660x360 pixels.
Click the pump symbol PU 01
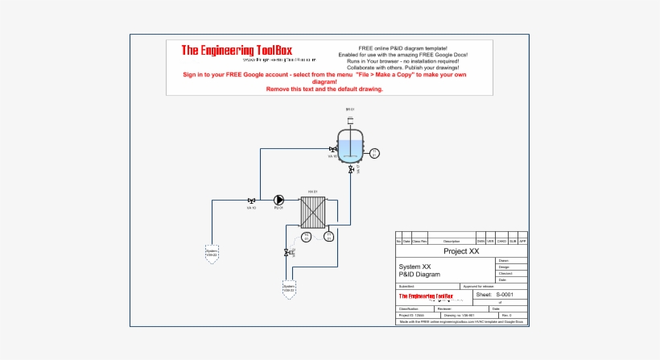[278, 201]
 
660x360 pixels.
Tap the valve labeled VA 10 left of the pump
[252, 201]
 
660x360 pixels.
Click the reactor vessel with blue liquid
[350, 147]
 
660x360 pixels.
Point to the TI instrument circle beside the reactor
[373, 152]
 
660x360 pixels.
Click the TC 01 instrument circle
[306, 236]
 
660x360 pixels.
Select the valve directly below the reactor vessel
[351, 170]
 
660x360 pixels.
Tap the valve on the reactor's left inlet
[332, 150]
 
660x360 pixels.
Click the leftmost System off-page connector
[212, 253]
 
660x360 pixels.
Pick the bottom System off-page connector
[289, 287]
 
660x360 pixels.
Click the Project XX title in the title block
[462, 251]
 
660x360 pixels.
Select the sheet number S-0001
[505, 295]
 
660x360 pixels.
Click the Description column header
[452, 241]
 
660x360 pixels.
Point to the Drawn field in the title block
[504, 261]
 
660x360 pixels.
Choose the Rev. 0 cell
[506, 315]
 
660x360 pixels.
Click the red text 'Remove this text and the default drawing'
[324, 89]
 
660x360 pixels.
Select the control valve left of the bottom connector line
[289, 253]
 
